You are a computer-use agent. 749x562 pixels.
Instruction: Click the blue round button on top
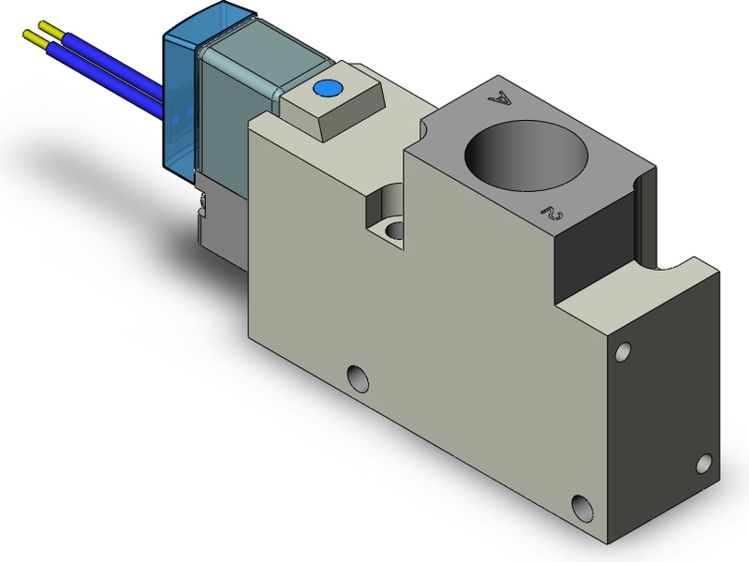tap(327, 88)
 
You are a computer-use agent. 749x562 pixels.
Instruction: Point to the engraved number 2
tap(551, 214)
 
